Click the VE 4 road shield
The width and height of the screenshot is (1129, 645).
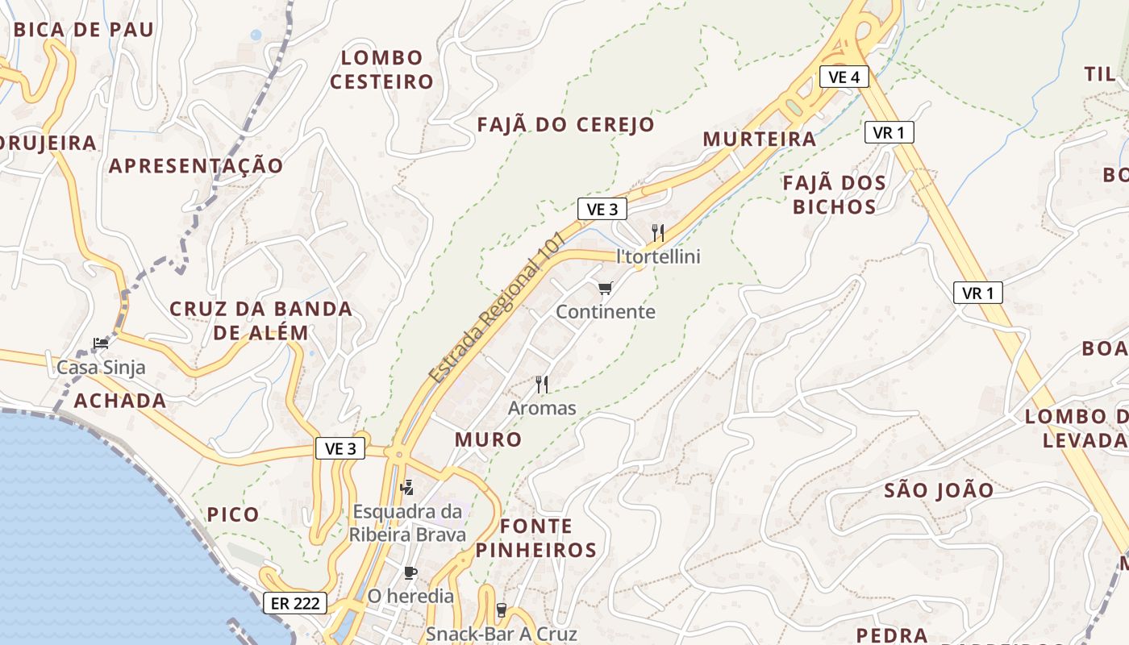(844, 77)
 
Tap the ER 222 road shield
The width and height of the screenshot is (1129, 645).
(295, 602)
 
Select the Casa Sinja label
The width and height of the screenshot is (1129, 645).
(101, 368)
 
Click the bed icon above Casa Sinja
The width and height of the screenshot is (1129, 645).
(101, 343)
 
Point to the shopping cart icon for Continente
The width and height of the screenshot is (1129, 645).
(606, 288)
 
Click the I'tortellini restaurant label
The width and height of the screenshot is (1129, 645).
(658, 256)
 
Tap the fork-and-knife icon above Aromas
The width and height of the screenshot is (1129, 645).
(542, 385)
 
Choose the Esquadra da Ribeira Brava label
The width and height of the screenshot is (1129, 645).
(407, 522)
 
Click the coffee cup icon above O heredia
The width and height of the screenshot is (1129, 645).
(410, 573)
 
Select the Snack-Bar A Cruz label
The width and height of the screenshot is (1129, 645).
(501, 634)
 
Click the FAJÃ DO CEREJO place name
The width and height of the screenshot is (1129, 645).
(565, 125)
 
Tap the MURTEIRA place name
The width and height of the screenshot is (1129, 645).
(759, 139)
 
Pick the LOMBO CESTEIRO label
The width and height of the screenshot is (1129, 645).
(381, 69)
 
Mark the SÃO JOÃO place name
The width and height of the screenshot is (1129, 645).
(939, 490)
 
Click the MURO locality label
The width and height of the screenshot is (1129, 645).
(488, 439)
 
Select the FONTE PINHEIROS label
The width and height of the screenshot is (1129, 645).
(535, 539)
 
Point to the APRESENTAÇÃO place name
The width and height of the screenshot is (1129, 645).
(196, 166)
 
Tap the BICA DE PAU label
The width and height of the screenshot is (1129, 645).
(84, 30)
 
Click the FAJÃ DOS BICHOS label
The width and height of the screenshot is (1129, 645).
(835, 195)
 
